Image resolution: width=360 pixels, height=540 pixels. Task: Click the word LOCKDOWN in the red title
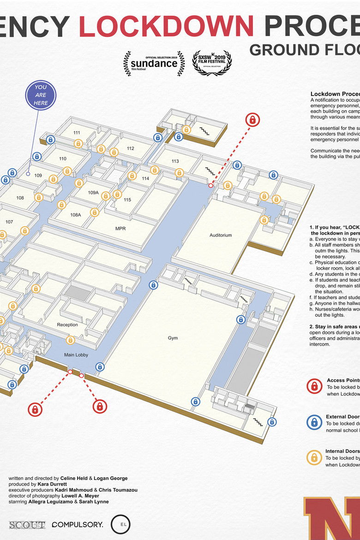coord(166,26)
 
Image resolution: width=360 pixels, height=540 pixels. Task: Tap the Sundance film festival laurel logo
coord(154,64)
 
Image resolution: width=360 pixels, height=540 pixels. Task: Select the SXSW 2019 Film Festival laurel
coord(212,63)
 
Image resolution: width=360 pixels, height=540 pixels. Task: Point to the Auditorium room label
coord(221,235)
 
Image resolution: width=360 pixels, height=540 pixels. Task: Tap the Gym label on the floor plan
coord(173,338)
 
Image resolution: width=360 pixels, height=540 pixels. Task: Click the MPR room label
coord(120,228)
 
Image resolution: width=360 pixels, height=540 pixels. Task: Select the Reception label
coord(67,325)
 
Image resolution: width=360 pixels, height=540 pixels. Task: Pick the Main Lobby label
coord(76,355)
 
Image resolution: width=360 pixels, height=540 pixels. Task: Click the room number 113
coord(175,161)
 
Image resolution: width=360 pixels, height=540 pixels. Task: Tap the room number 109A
coord(93,192)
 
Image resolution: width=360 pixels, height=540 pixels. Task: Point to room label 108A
coord(76,215)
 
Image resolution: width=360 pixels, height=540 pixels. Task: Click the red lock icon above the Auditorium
coord(252,120)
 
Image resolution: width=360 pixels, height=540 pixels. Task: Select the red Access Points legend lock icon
coord(314,386)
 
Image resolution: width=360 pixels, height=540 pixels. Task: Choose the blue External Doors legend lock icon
coord(314,422)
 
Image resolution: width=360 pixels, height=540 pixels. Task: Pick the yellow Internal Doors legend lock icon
coord(314,457)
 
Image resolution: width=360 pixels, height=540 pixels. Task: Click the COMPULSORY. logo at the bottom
coord(77,525)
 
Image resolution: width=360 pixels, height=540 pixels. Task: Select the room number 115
coord(127,200)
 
